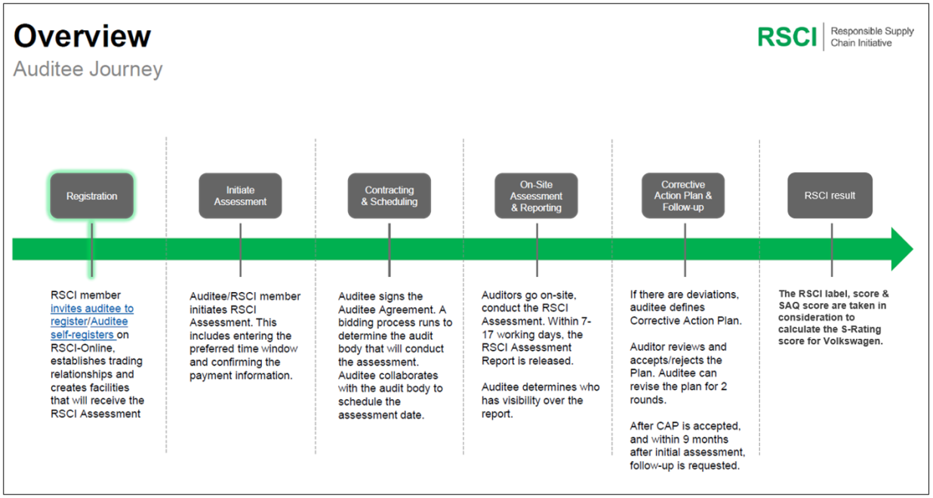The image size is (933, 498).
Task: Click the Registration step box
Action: pyautogui.click(x=92, y=195)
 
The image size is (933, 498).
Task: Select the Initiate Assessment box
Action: pyautogui.click(x=240, y=195)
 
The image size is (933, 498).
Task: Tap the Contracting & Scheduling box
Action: pyautogui.click(x=390, y=195)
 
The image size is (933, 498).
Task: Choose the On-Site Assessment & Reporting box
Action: pyautogui.click(x=537, y=195)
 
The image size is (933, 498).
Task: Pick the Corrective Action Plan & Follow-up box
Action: pyautogui.click(x=683, y=195)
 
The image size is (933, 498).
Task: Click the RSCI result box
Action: pyautogui.click(x=830, y=195)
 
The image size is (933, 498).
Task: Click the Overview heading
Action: pyautogui.click(x=82, y=36)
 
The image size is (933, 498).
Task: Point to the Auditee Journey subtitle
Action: pyautogui.click(x=88, y=69)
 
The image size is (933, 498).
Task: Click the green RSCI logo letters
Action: pyautogui.click(x=787, y=37)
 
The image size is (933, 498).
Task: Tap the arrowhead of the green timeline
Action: pyautogui.click(x=902, y=249)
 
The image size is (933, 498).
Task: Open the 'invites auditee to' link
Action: pyautogui.click(x=92, y=309)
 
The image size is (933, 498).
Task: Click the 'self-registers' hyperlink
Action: pyautogui.click(x=82, y=335)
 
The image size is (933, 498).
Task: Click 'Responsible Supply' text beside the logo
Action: pyautogui.click(x=872, y=31)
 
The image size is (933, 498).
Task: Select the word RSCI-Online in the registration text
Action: pyautogui.click(x=82, y=348)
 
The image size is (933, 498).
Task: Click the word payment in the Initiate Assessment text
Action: pyautogui.click(x=211, y=376)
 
